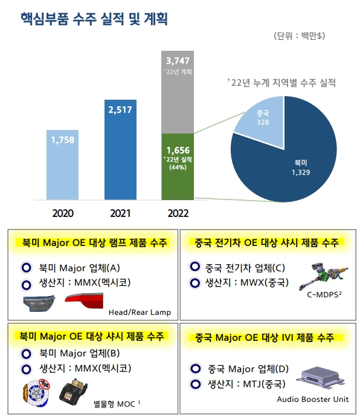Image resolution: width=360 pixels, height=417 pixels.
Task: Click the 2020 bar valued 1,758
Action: click(x=62, y=164)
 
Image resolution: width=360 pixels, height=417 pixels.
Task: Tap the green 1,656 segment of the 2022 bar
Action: click(x=178, y=166)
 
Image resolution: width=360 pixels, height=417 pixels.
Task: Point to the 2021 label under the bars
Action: click(x=120, y=213)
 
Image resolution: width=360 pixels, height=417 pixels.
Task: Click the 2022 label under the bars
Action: click(x=178, y=213)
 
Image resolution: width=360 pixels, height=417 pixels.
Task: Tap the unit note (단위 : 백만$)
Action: click(x=299, y=36)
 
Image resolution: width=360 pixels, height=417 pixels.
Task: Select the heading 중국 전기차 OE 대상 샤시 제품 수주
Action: click(x=266, y=242)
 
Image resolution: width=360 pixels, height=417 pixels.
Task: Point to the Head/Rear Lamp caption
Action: click(x=140, y=312)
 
